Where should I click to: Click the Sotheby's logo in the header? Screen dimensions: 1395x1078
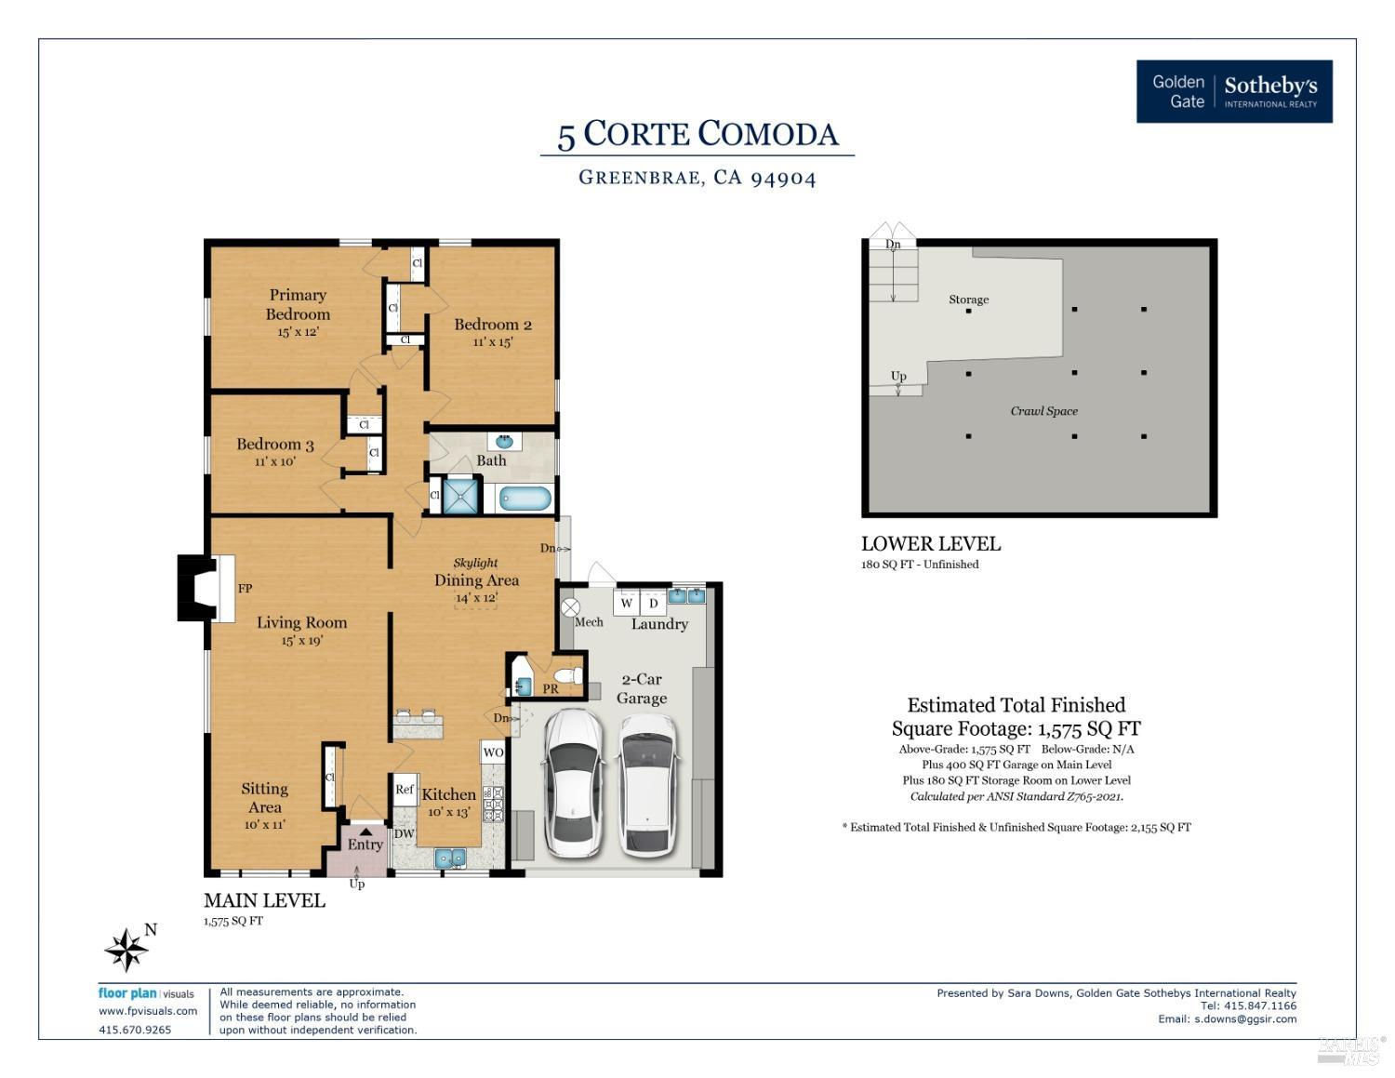coord(1233,91)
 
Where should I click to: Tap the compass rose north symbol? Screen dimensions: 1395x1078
coord(127,949)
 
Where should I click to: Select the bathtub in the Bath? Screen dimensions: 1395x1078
coord(525,499)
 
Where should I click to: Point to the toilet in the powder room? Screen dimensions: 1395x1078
coord(568,675)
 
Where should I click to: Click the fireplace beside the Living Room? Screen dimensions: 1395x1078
coord(206,589)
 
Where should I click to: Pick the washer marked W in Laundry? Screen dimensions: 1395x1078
coord(627,603)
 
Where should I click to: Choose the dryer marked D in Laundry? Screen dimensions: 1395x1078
coord(654,603)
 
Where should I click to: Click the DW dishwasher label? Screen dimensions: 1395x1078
coord(404,833)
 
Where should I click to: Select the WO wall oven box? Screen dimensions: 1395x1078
coord(493,752)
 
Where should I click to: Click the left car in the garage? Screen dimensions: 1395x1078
coord(573,784)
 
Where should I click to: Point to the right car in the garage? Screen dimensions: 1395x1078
coord(647,786)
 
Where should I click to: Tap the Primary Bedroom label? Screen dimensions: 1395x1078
coord(298,304)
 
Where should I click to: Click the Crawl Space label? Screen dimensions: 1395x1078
coord(1043,411)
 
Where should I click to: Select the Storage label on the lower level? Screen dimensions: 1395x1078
coord(969,299)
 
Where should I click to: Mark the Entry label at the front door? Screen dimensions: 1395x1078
coord(365,845)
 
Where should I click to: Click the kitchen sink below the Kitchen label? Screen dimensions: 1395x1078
coord(450,858)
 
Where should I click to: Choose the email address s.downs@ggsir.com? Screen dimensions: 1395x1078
coord(1244,1018)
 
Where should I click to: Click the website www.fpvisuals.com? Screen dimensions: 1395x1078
coord(148,1011)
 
